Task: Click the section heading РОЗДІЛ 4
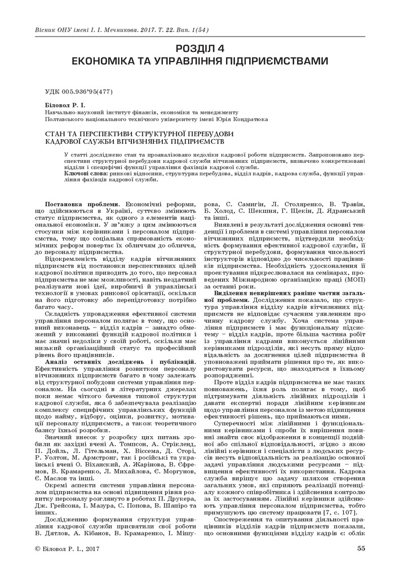[204, 48]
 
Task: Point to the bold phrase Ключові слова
[83, 174]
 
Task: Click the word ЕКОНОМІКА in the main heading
[122, 61]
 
